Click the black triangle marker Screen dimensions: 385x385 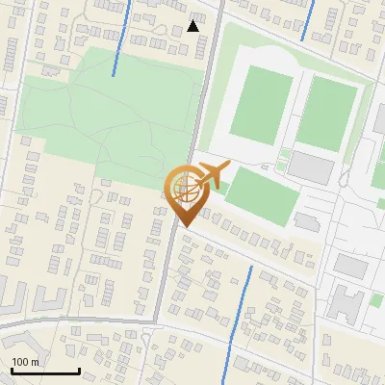click(193, 26)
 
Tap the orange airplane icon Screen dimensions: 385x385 click(213, 175)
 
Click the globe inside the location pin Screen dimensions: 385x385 click(186, 189)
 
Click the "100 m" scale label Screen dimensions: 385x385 click(26, 362)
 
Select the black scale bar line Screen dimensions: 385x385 click(45, 371)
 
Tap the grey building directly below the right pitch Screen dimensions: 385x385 click(310, 167)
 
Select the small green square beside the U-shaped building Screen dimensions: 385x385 click(376, 300)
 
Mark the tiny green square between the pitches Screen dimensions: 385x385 click(285, 153)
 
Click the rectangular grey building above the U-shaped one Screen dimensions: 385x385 click(351, 266)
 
